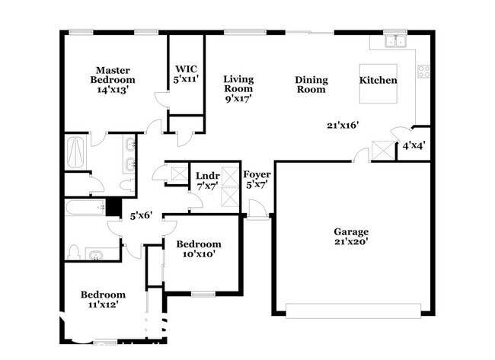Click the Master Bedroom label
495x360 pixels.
[x=113, y=80]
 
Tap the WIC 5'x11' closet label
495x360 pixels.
[x=187, y=74]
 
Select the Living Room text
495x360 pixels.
[x=238, y=84]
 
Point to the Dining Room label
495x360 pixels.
[x=311, y=84]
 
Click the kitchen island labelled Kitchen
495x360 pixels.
[x=378, y=84]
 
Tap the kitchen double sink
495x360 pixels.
[x=395, y=41]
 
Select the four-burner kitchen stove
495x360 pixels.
[x=423, y=72]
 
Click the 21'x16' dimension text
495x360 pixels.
[x=343, y=126]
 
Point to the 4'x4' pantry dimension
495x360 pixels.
[x=414, y=146]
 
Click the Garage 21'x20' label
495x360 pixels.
[x=351, y=237]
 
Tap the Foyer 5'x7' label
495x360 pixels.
[x=257, y=180]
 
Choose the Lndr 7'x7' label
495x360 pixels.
[x=208, y=181]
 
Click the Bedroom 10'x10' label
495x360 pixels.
[x=199, y=249]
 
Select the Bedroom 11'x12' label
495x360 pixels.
[x=104, y=299]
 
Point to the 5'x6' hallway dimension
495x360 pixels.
[x=142, y=215]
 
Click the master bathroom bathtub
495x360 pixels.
[x=75, y=153]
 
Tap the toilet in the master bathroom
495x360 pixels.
[x=127, y=185]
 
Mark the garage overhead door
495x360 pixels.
[x=353, y=311]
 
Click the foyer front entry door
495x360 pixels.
[x=257, y=209]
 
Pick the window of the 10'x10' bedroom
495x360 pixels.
[x=203, y=295]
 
